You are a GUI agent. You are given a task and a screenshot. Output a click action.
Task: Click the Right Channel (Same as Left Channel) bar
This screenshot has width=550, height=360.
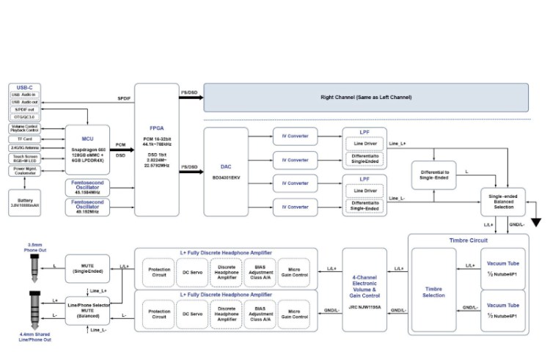pyautogui.click(x=365, y=98)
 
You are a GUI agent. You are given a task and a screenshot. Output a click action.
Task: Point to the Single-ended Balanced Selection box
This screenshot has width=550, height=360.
pyautogui.click(x=502, y=202)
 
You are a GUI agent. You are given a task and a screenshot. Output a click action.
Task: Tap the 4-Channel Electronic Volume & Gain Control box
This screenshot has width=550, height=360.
pyautogui.click(x=364, y=290)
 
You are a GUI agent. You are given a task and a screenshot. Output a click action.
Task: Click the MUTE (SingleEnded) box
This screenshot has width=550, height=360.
pyautogui.click(x=89, y=268)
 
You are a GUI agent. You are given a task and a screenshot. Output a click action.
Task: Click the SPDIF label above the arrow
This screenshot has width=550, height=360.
pyautogui.click(x=123, y=98)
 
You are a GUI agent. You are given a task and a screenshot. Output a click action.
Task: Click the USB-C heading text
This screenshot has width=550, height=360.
pyautogui.click(x=25, y=88)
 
